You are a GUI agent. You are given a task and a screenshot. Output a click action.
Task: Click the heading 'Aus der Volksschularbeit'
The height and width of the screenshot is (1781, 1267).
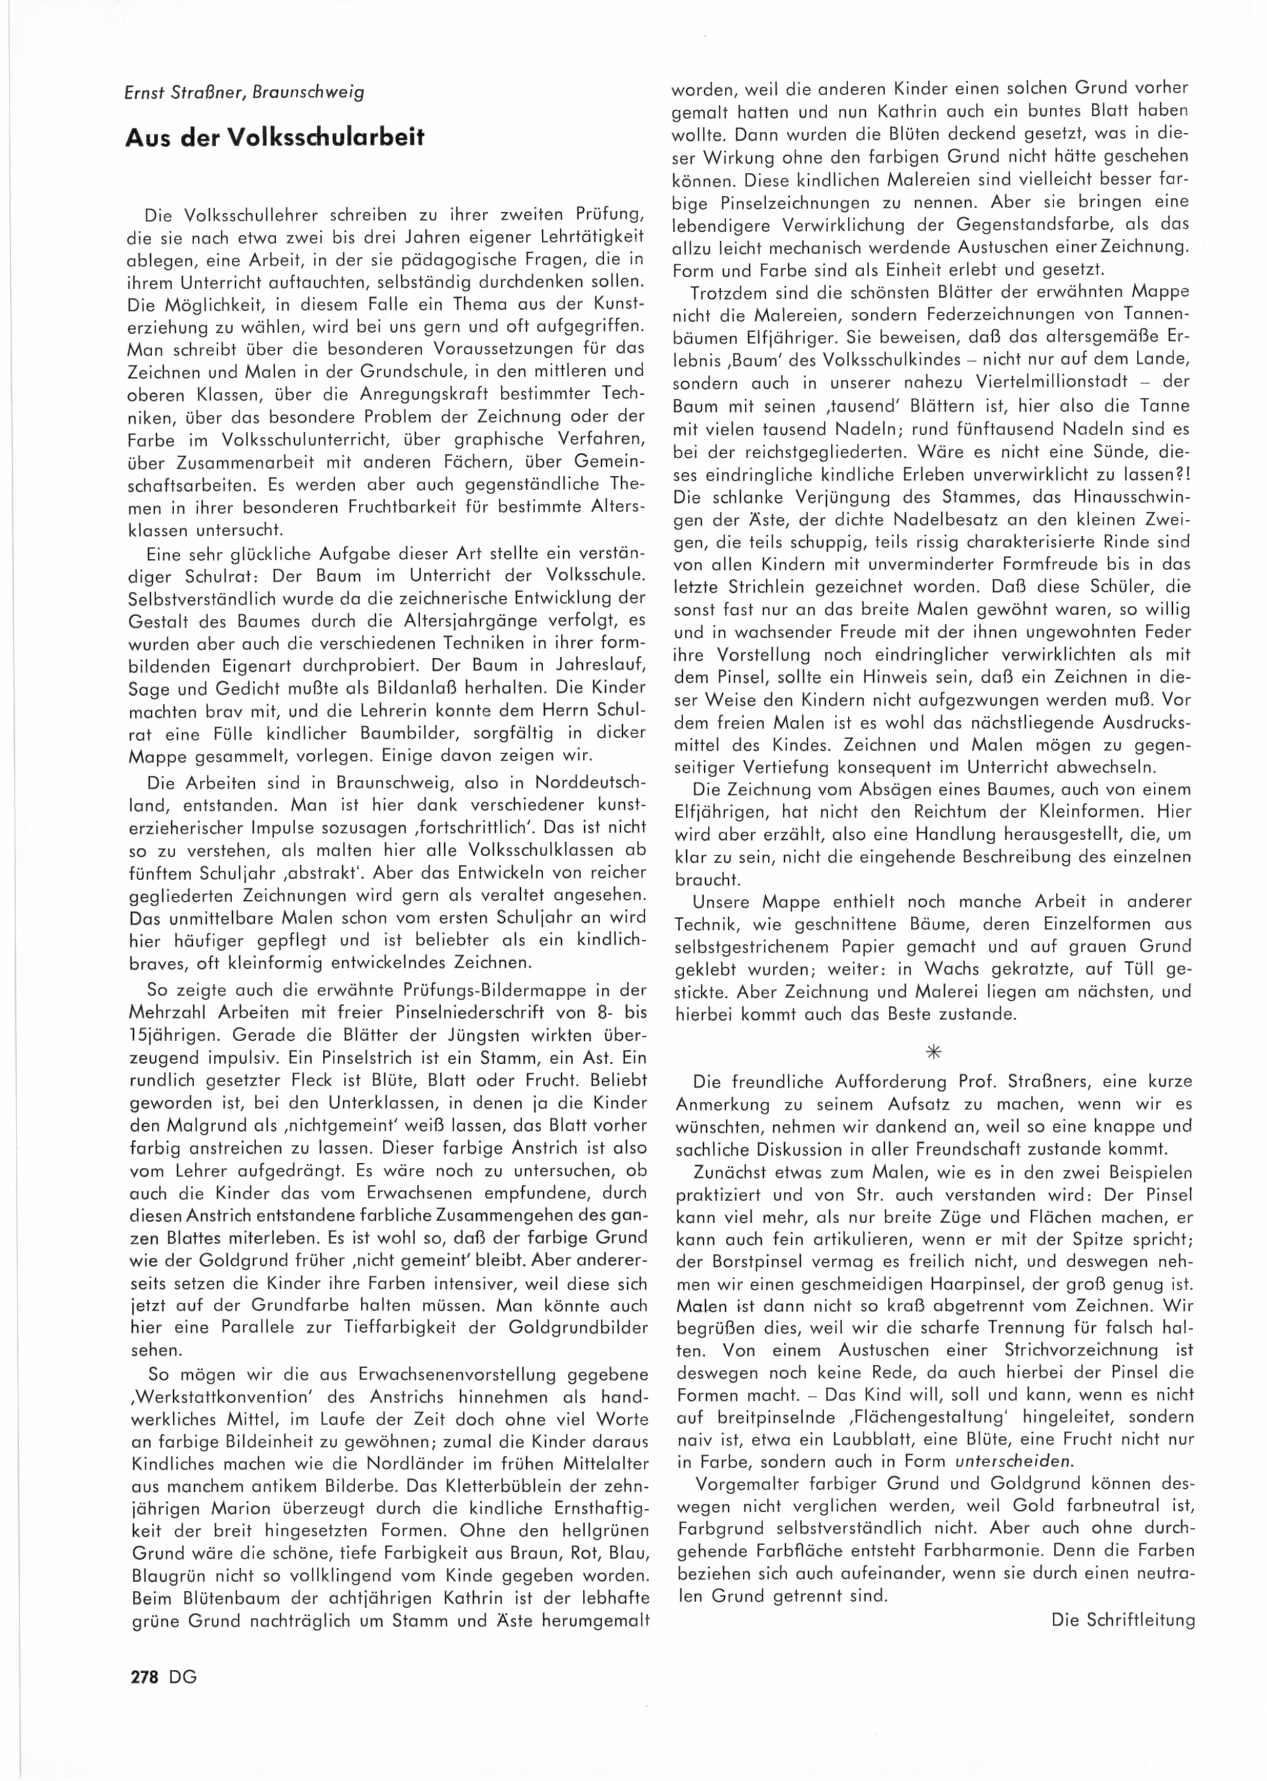275,137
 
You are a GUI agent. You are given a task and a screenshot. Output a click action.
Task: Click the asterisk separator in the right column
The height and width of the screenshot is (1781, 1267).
932,1052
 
